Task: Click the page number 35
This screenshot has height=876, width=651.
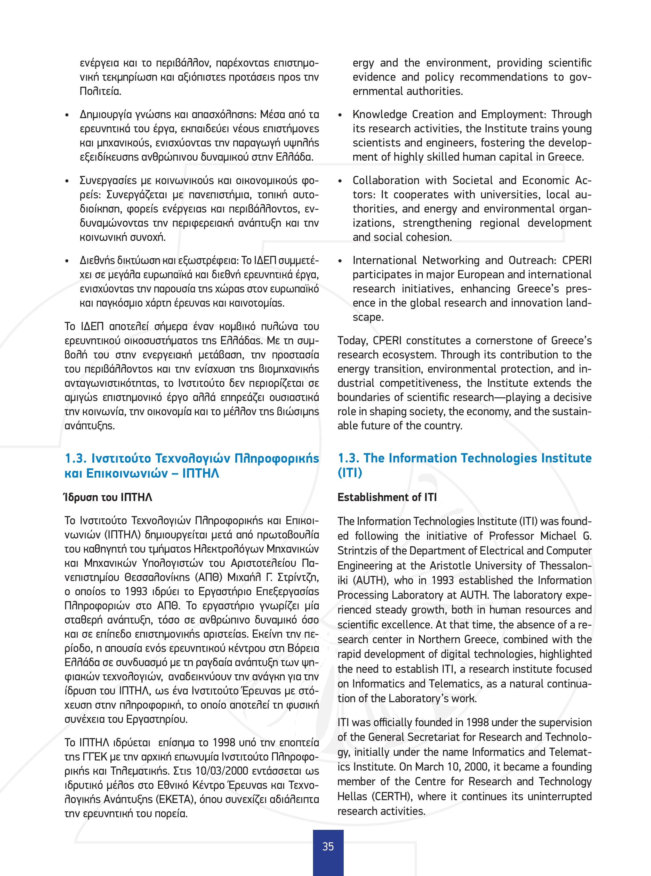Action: pos(328,846)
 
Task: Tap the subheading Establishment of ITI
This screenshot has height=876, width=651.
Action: pos(387,497)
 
